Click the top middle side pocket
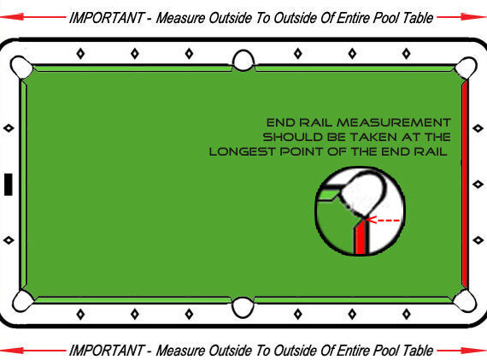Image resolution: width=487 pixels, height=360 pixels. [243, 61]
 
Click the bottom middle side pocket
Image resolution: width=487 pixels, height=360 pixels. [243, 307]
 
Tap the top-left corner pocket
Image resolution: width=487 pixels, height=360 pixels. [21, 68]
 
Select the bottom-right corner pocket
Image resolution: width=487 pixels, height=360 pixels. [465, 301]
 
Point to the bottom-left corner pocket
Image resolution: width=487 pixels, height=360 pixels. [22, 301]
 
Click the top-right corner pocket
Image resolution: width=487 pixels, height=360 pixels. [466, 68]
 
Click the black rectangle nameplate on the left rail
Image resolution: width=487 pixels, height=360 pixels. [9, 185]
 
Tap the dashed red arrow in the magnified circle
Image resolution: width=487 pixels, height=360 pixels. [383, 220]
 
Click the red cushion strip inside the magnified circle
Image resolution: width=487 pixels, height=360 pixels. [361, 237]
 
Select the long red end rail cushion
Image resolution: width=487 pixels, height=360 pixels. [465, 183]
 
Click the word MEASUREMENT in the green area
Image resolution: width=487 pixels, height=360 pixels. [394, 122]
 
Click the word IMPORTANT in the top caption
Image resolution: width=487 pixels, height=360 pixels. [107, 18]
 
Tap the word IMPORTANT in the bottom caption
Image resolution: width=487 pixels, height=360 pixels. [107, 351]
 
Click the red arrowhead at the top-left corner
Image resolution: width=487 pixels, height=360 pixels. [12, 16]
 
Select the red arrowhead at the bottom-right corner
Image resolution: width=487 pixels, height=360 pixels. [472, 351]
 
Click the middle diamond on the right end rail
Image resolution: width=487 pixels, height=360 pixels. [478, 185]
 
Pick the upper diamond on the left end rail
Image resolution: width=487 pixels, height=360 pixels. [9, 127]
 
